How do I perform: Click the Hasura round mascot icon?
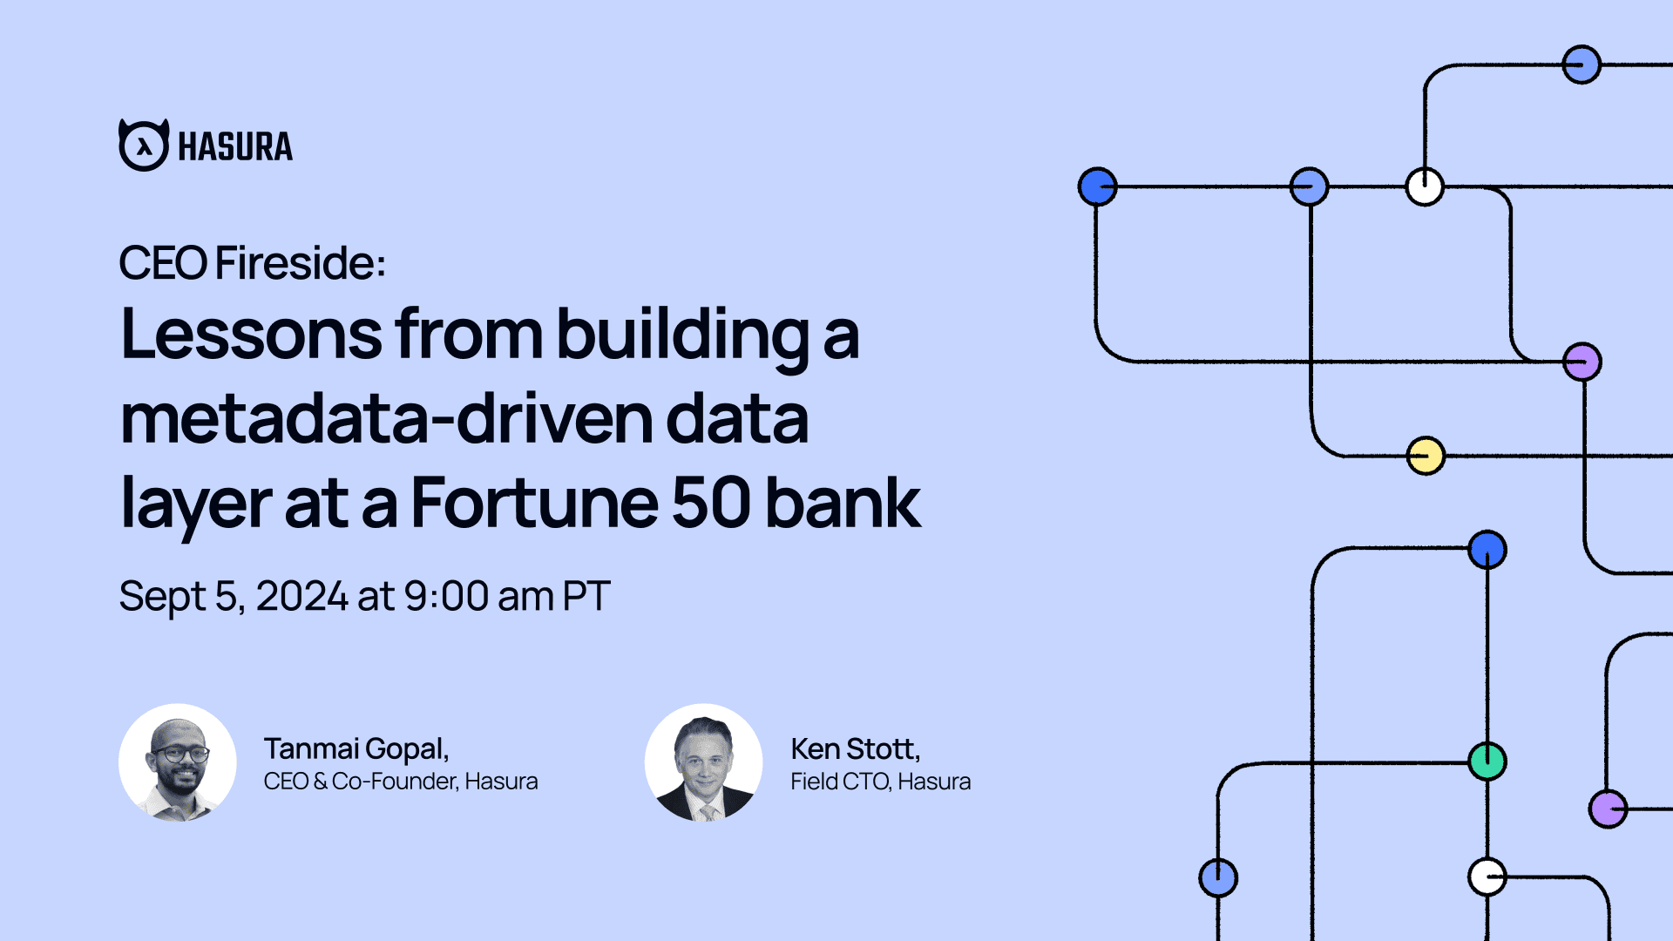tap(144, 145)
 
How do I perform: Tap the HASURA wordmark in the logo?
tap(235, 146)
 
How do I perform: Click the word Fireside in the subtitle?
tap(301, 263)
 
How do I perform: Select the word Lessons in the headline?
tap(251, 334)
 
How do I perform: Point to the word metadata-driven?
tap(386, 419)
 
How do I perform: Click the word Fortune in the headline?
tap(534, 503)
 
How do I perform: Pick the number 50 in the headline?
tap(711, 503)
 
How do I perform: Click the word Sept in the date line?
tap(163, 598)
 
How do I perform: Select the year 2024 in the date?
tap(302, 597)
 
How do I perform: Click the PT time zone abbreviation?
tap(586, 597)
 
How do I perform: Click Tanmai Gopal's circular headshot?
tap(178, 762)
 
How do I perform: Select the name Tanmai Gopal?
tap(356, 749)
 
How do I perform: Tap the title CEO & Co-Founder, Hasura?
tap(401, 782)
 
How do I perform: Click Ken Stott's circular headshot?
tap(704, 762)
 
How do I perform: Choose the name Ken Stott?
tap(856, 749)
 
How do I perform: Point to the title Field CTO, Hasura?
tap(881, 782)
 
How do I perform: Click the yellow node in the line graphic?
tap(1426, 456)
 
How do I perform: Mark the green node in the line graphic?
tap(1487, 761)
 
